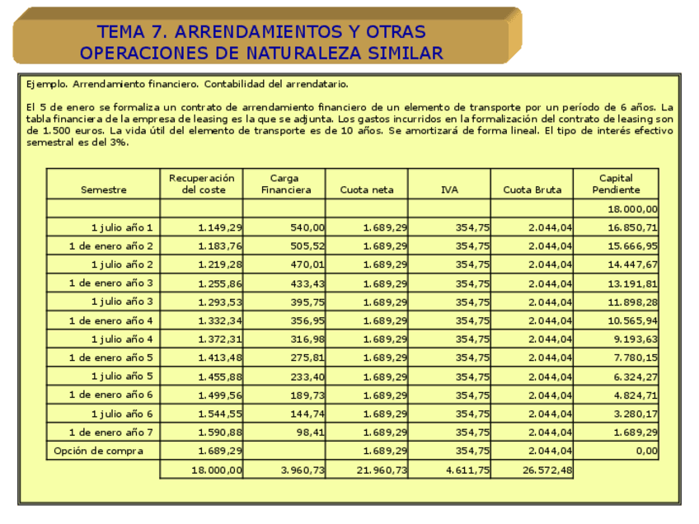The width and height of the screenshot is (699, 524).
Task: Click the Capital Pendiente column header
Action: point(616,184)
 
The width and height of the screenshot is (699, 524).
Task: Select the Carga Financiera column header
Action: point(286,184)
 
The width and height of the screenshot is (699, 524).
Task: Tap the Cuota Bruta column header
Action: point(532,189)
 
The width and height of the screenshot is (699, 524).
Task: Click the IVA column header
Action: point(448,189)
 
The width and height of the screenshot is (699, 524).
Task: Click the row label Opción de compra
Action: point(98,451)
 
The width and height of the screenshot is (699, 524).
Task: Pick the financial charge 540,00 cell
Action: point(304,227)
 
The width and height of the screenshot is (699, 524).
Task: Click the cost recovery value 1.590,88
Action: point(220,433)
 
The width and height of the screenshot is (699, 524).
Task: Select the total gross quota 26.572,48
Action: point(544,470)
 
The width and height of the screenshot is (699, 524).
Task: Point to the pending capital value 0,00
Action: point(646,451)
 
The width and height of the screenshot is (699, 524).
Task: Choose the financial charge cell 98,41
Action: point(308,433)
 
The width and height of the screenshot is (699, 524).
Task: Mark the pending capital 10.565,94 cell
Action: point(633,320)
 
